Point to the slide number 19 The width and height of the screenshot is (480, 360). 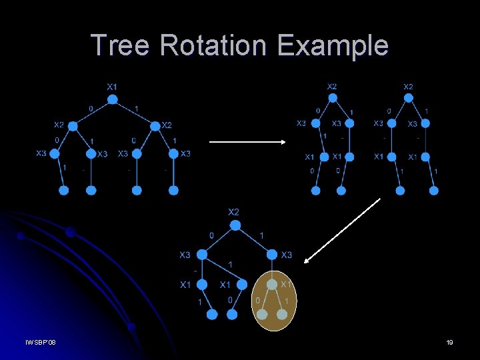click(449, 342)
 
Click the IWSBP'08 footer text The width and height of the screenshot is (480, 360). click(41, 342)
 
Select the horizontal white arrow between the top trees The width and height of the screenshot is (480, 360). click(247, 141)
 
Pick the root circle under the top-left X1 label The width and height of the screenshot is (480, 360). click(113, 99)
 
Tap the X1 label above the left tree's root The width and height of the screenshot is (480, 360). click(113, 87)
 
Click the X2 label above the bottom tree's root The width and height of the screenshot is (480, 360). click(234, 212)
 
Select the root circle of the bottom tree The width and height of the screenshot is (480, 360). click(235, 225)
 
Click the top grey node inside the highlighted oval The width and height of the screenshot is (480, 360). click(272, 285)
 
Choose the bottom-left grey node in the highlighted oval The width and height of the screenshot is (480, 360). click(263, 313)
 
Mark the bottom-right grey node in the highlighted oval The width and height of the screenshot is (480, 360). click(282, 313)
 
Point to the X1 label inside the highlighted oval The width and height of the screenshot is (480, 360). click(286, 284)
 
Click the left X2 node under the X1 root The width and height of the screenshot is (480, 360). click(73, 126)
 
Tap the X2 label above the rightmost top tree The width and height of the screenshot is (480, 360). click(408, 87)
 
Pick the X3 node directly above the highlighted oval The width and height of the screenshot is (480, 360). click(273, 255)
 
